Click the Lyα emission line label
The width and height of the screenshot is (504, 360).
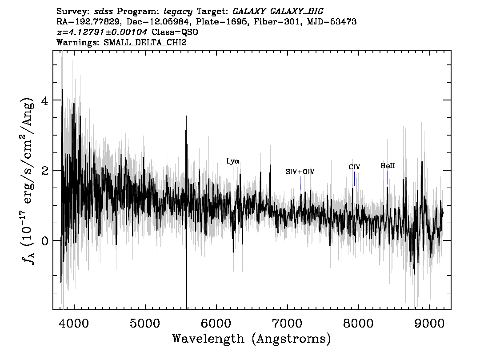(233, 161)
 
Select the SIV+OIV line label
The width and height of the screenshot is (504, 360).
(300, 172)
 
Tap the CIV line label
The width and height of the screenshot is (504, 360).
(354, 167)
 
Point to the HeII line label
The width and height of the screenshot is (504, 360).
(388, 166)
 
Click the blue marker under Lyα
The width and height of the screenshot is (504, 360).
(233, 172)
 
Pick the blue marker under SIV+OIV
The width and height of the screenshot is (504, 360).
(300, 183)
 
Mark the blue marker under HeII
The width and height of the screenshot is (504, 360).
(388, 177)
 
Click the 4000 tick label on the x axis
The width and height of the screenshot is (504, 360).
(74, 323)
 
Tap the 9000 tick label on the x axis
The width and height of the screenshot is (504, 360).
(429, 323)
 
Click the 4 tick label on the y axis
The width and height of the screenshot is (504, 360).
(45, 100)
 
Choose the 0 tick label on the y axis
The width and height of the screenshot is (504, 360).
(45, 241)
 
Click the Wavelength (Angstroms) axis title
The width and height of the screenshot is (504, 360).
(252, 339)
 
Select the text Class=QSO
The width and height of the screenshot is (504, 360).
(175, 32)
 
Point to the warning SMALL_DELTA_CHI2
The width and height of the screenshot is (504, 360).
(145, 42)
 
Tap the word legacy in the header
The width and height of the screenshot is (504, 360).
(178, 12)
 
